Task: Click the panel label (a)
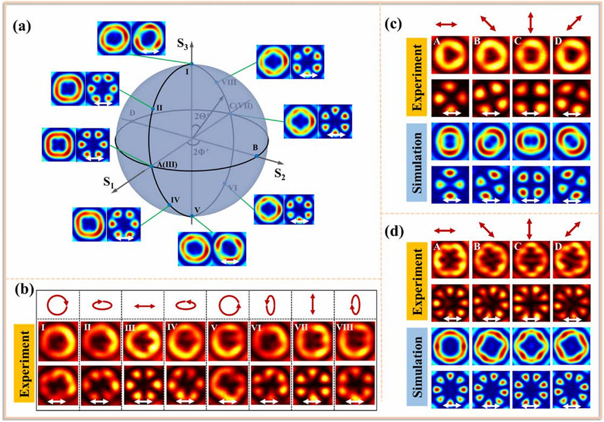[x=22, y=27]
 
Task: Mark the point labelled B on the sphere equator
[x=257, y=156]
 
